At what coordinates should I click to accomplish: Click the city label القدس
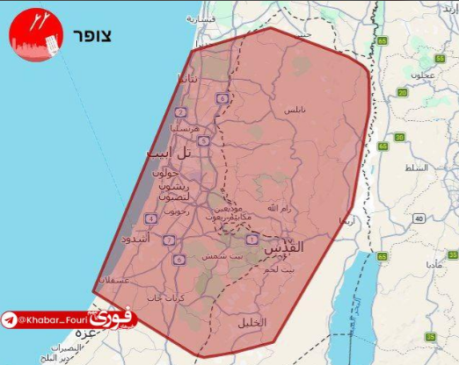coord(283,248)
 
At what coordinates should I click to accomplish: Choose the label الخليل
coord(251,323)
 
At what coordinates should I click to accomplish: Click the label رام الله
coord(278,208)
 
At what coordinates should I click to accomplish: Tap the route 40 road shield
coord(419,218)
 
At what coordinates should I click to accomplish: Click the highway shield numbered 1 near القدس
coord(251,239)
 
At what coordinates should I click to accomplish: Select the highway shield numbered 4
coord(151,218)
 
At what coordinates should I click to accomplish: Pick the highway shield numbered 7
coord(169,240)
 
